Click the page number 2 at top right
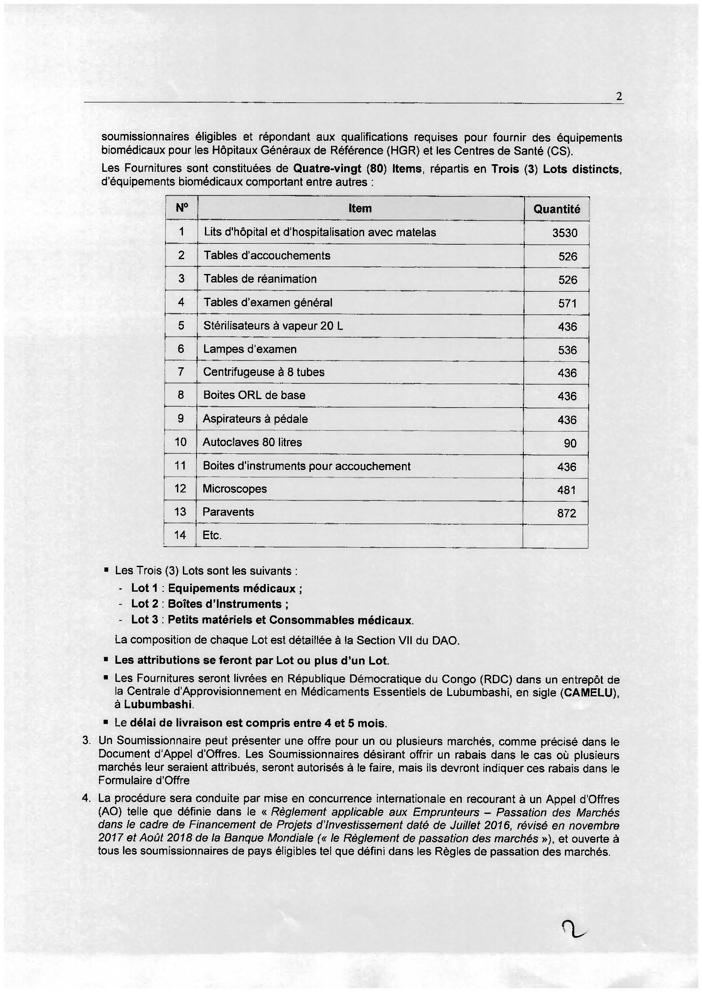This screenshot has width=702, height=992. click(x=619, y=97)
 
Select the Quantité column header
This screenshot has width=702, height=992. click(x=556, y=209)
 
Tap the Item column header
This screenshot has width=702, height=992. click(x=360, y=208)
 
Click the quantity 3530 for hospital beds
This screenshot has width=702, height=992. click(x=564, y=233)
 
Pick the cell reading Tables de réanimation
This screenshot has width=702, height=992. click(x=260, y=279)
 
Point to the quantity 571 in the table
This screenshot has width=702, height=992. click(x=567, y=303)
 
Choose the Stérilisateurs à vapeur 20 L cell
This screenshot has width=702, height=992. click(x=273, y=326)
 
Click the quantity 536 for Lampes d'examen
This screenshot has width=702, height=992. click(x=567, y=350)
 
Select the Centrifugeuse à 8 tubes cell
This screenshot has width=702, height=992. click(x=264, y=372)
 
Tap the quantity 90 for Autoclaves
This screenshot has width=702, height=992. click(x=570, y=443)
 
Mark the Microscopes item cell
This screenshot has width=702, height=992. click(x=235, y=489)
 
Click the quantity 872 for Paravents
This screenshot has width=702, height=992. click(x=567, y=513)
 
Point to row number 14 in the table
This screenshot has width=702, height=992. click(x=180, y=535)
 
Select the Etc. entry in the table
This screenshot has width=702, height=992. click(x=212, y=535)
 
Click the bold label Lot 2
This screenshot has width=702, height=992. click(x=145, y=604)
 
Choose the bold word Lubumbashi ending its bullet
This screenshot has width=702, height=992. click(x=158, y=704)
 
